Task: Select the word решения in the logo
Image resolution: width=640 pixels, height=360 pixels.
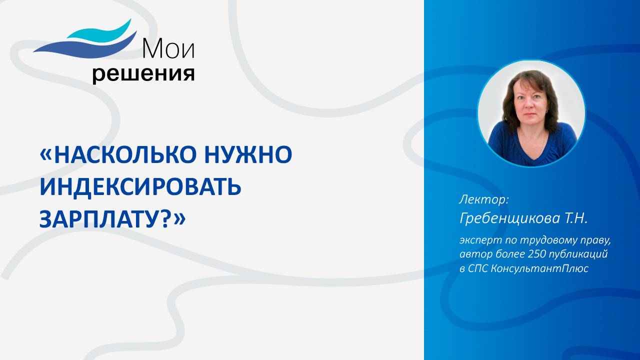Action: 143,74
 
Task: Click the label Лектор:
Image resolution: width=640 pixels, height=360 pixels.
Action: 483,199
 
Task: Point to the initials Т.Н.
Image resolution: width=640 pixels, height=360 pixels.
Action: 574,218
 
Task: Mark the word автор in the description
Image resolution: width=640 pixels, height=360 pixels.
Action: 472,254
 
